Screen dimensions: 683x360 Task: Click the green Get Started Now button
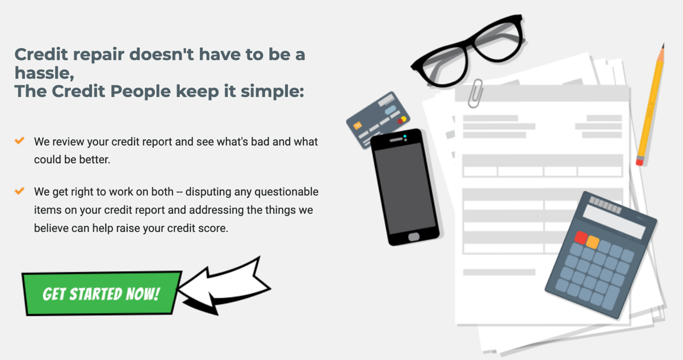point(102,293)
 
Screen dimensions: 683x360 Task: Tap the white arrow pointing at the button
point(226,287)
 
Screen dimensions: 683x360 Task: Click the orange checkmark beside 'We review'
point(19,141)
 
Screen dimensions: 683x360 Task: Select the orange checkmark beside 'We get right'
point(19,191)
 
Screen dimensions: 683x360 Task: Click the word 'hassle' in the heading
point(45,73)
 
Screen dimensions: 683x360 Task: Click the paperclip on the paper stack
point(475,93)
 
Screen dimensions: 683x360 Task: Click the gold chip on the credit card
point(358,125)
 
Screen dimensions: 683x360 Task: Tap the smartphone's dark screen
point(405,188)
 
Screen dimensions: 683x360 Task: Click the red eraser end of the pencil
point(639,162)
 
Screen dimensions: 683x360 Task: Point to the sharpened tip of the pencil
point(663,46)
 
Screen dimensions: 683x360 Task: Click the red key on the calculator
point(581,238)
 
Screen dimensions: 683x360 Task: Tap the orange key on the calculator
point(592,242)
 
